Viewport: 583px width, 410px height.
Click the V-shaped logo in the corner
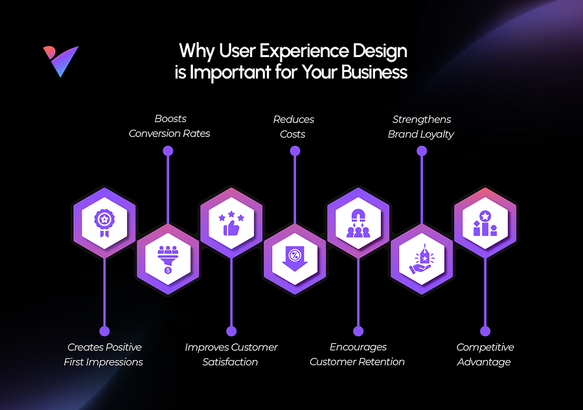[x=61, y=62]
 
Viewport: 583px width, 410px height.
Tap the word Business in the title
[x=374, y=72]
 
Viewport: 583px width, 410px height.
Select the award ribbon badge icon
[x=104, y=223]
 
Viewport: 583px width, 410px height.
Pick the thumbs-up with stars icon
[x=231, y=223]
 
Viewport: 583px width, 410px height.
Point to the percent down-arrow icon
[x=295, y=258]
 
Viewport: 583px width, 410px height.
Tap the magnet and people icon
[x=358, y=223]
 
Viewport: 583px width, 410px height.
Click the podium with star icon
[x=485, y=223]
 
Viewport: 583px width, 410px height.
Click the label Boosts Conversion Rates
[x=170, y=126]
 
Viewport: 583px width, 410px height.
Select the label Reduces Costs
[x=293, y=127]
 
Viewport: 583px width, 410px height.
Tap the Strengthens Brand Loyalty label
[x=421, y=127]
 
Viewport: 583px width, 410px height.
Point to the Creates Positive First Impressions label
[x=104, y=354]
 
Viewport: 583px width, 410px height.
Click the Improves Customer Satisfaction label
[x=231, y=354]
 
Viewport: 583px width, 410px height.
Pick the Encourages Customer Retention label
[x=358, y=354]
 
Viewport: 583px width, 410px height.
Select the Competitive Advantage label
[x=485, y=354]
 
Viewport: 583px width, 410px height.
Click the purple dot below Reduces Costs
[x=295, y=151]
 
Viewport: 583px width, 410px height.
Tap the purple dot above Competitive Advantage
[x=485, y=331]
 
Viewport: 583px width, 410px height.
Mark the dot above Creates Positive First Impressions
[x=104, y=331]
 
